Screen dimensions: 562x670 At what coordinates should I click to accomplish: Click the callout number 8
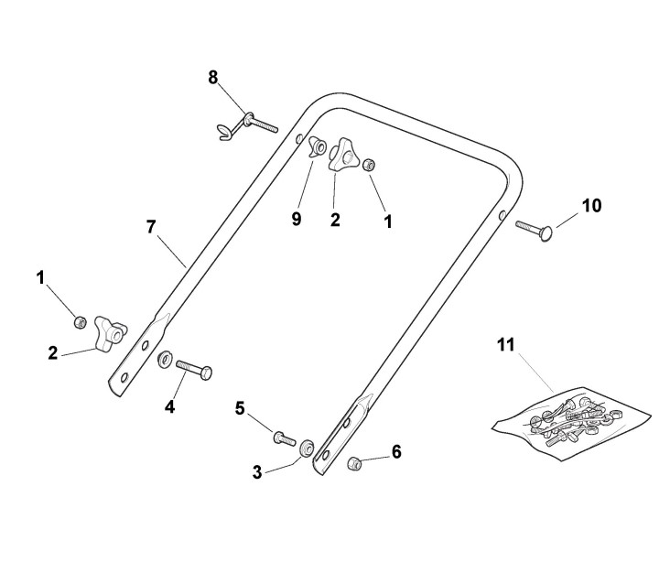(x=212, y=78)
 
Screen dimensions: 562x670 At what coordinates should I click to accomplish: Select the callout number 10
(x=592, y=206)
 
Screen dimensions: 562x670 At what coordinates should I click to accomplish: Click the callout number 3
(x=257, y=472)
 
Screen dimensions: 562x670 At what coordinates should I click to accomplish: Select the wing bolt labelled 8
(x=245, y=122)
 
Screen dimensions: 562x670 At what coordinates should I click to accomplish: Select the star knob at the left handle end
(x=111, y=334)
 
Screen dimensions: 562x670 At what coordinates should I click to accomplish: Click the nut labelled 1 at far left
(x=80, y=320)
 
